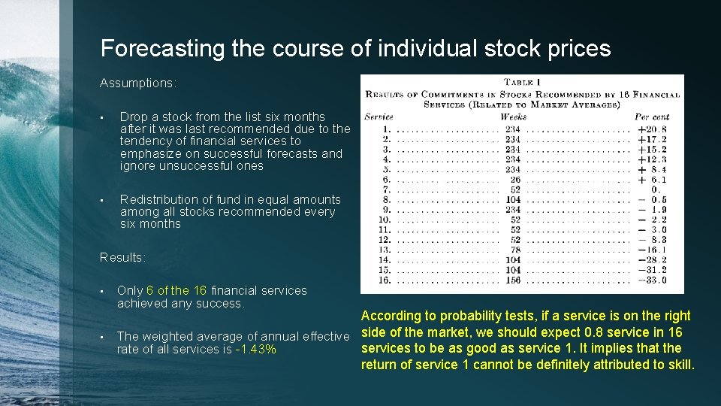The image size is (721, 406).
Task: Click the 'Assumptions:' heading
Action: (138, 83)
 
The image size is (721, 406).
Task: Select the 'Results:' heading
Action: (123, 257)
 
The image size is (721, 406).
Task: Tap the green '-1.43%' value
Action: (255, 350)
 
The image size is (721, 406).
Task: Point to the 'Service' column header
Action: (379, 117)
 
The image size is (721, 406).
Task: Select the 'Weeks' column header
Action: (513, 117)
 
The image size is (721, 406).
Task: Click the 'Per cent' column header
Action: (652, 117)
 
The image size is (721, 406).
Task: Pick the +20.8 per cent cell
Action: (652, 129)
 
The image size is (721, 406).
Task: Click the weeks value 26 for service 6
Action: (515, 180)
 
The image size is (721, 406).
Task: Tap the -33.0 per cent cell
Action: (652, 280)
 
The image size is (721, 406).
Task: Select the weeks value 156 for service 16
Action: (513, 280)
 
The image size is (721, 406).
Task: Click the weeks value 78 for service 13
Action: (515, 250)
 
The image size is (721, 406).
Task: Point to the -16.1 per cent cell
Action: (652, 250)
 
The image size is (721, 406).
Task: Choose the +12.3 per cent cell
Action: (652, 159)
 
